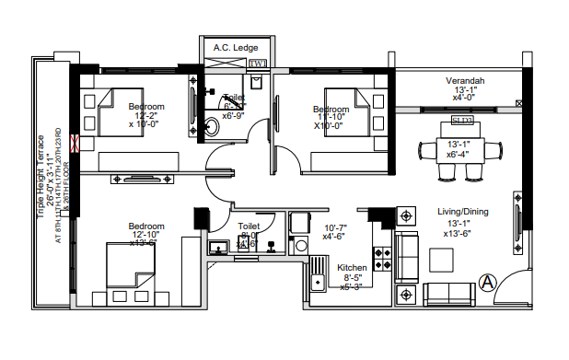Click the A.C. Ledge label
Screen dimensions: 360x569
(x=236, y=47)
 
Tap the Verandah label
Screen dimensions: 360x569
(x=466, y=81)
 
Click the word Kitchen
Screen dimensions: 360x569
(x=352, y=267)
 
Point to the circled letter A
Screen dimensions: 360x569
(x=487, y=281)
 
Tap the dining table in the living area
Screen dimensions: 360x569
(x=457, y=149)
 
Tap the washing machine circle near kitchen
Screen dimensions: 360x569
(x=300, y=246)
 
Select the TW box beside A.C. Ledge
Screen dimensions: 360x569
(x=259, y=64)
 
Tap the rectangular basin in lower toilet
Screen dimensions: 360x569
(x=219, y=246)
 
